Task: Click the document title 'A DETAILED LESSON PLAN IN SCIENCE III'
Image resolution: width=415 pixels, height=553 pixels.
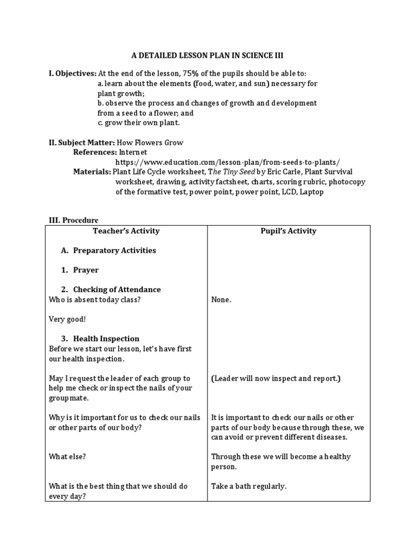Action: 207,56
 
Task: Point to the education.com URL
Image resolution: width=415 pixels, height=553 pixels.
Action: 227,162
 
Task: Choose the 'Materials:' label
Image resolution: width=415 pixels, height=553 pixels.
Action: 92,172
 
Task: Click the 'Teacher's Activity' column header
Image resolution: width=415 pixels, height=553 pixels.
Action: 126,231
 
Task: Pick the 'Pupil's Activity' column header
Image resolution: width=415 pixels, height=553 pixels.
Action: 289,231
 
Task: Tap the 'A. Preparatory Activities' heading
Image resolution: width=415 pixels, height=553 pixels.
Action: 109,251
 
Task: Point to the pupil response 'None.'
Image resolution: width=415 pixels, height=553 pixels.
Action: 222,300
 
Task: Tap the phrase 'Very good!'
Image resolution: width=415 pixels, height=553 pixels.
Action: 66,319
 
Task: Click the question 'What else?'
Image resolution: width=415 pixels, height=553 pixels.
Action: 68,456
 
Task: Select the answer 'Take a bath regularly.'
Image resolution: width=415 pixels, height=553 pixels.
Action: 249,486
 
